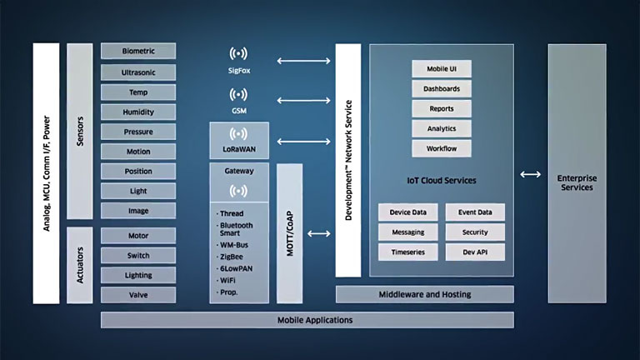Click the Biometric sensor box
coord(138,52)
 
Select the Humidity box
coord(138,112)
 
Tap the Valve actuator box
coord(138,294)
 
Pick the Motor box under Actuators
coord(138,235)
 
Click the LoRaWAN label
coord(238,150)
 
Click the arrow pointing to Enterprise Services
coord(528,174)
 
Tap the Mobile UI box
coord(442,69)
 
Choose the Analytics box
coord(442,129)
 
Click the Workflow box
coord(442,149)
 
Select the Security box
coord(474,232)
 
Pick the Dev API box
coord(474,252)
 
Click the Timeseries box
coord(407,252)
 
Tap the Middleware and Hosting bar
coord(424,294)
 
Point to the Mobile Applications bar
coord(307,320)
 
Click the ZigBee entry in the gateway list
coord(232,258)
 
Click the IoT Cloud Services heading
coord(441,181)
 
